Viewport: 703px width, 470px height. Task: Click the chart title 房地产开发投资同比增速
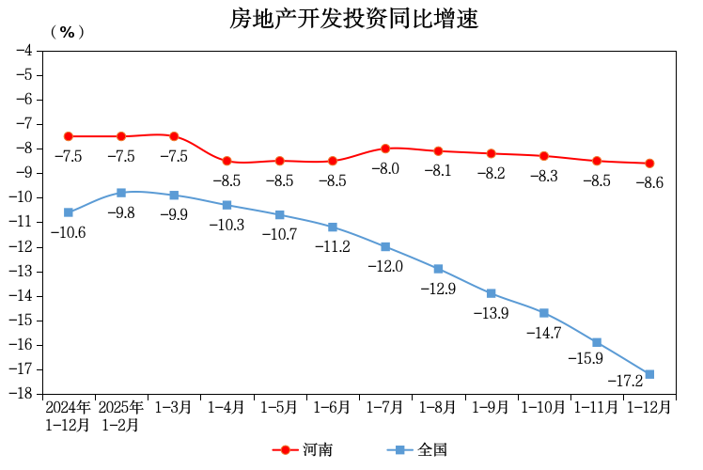pyautogui.click(x=354, y=19)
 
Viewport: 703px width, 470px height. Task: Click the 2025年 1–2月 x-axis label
pyautogui.click(x=121, y=415)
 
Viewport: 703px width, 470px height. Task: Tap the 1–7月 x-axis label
pyautogui.click(x=385, y=408)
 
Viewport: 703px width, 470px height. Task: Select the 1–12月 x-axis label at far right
pyautogui.click(x=649, y=408)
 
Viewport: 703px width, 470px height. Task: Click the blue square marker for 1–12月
pyautogui.click(x=649, y=374)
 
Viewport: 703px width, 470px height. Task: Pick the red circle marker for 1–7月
pyautogui.click(x=385, y=149)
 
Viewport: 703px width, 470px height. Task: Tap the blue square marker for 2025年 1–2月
pyautogui.click(x=121, y=193)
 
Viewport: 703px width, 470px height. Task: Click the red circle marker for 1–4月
pyautogui.click(x=227, y=161)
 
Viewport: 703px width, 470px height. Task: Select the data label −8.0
pyautogui.click(x=385, y=169)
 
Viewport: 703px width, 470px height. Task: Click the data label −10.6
pyautogui.click(x=69, y=232)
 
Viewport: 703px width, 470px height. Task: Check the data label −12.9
pyautogui.click(x=438, y=289)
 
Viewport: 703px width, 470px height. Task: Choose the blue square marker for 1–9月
pyautogui.click(x=491, y=293)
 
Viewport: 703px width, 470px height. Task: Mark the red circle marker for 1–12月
pyautogui.click(x=649, y=164)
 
